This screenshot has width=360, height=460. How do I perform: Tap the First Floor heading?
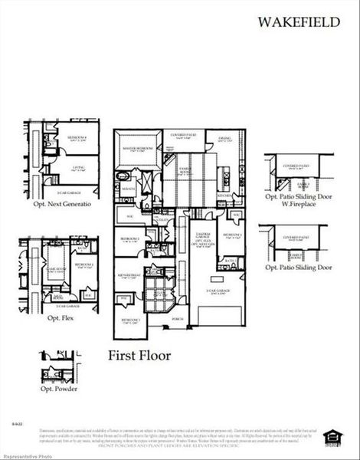[x=139, y=355]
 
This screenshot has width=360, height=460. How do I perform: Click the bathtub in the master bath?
[x=124, y=177]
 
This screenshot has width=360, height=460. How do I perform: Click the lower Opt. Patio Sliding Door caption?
[x=298, y=268]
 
